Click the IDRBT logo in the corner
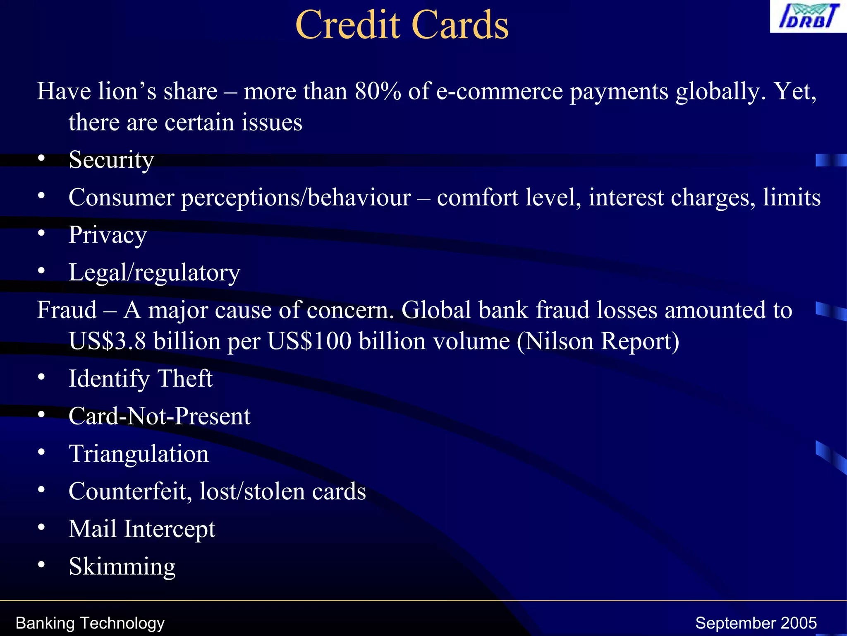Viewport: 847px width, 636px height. pos(808,17)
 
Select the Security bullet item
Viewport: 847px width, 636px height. pos(111,160)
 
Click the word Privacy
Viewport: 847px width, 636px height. pos(108,235)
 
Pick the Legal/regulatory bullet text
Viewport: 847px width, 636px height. pos(154,273)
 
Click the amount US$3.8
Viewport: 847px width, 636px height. pos(107,341)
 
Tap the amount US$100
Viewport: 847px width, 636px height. pos(309,341)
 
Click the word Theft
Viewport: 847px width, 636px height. pos(185,378)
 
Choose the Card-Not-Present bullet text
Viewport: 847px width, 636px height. pos(159,416)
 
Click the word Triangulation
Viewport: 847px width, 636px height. pos(139,454)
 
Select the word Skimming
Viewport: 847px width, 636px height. pos(122,567)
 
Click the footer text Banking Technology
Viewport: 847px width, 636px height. pos(90,623)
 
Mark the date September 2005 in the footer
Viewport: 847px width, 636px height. pos(756,623)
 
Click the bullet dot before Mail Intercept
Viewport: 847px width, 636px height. pos(41,528)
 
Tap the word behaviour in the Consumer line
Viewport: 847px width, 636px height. pos(359,198)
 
